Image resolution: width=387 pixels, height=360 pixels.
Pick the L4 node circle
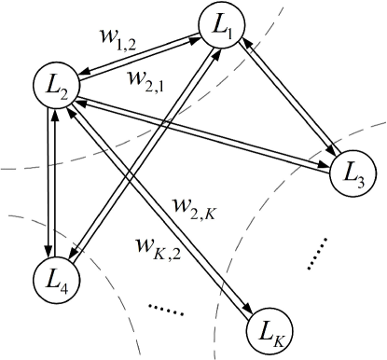(x=54, y=278)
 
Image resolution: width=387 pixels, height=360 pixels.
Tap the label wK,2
(x=159, y=247)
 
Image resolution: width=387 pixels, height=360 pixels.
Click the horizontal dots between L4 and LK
(x=169, y=308)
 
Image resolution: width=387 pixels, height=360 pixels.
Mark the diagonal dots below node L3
(x=318, y=254)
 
